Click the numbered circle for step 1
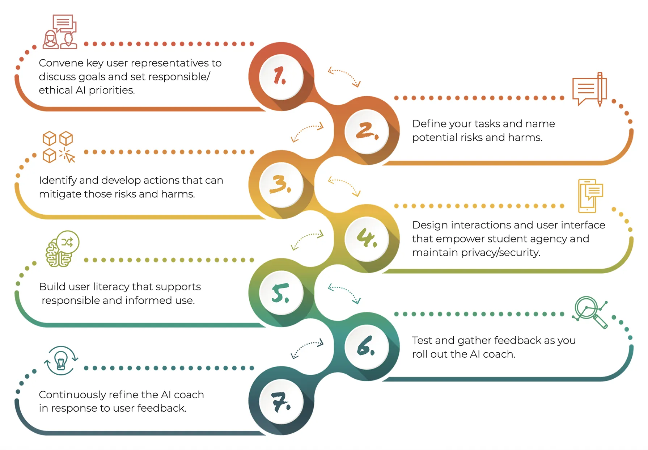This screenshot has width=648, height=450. pyautogui.click(x=281, y=76)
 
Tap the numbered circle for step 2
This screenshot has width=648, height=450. pyautogui.click(x=367, y=131)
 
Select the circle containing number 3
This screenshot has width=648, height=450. pyautogui.click(x=281, y=185)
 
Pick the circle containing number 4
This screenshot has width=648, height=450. pyautogui.click(x=367, y=239)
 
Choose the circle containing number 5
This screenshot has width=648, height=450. pyautogui.click(x=281, y=293)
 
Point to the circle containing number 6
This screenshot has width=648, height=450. pyautogui.click(x=367, y=346)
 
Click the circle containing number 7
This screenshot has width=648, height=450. pyautogui.click(x=281, y=401)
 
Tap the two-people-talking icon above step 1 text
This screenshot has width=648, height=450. pyautogui.click(x=60, y=32)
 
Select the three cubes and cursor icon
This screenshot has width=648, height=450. pyautogui.click(x=58, y=147)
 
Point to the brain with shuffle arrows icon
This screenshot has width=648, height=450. pyautogui.click(x=62, y=249)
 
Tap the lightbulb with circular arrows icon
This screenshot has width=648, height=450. pyautogui.click(x=61, y=360)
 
